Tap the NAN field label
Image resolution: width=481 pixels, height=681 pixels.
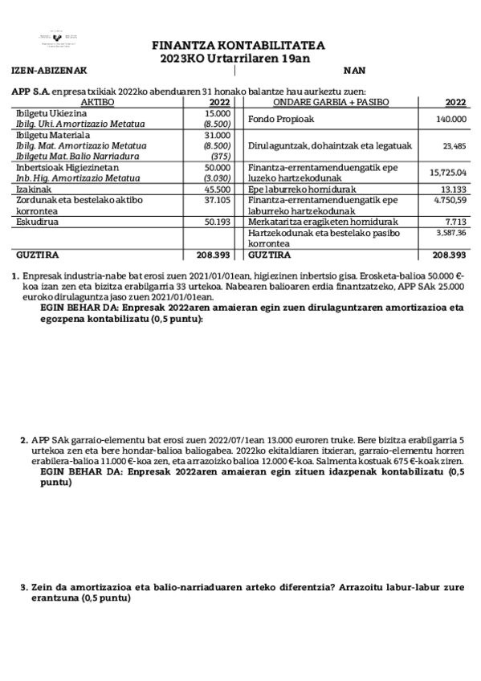pos(353,71)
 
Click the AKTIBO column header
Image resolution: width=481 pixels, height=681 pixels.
pos(98,103)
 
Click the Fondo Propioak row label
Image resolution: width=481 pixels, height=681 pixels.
pos(280,120)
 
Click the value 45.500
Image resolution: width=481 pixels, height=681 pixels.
pos(218,189)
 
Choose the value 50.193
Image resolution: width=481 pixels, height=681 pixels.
pos(218,221)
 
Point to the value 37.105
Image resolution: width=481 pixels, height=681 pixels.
pos(218,199)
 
